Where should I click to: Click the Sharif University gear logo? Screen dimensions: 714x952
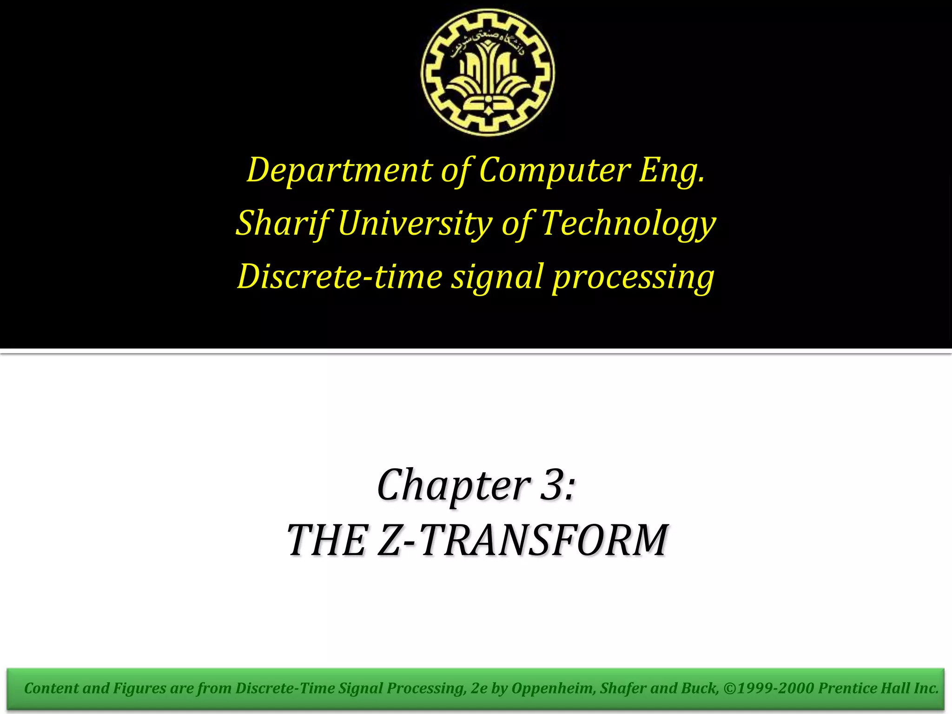click(x=488, y=73)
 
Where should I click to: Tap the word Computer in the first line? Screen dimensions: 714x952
click(x=555, y=170)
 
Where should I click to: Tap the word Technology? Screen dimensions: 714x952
click(x=628, y=224)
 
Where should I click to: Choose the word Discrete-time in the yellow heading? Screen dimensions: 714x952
click(x=339, y=277)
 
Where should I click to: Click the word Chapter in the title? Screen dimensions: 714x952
click(x=454, y=485)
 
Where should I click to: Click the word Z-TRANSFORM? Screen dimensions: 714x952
click(x=523, y=540)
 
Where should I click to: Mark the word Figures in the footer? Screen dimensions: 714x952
click(x=139, y=688)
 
